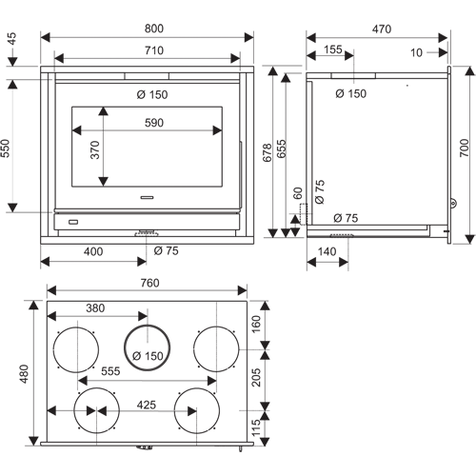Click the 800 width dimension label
[154, 29]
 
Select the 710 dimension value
[154, 50]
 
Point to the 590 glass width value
[154, 123]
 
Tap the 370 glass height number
[95, 149]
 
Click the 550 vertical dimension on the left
[6, 148]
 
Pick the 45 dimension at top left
[11, 39]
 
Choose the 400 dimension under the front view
[93, 251]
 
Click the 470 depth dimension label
[382, 30]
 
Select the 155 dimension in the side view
[333, 50]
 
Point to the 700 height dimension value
[464, 148]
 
